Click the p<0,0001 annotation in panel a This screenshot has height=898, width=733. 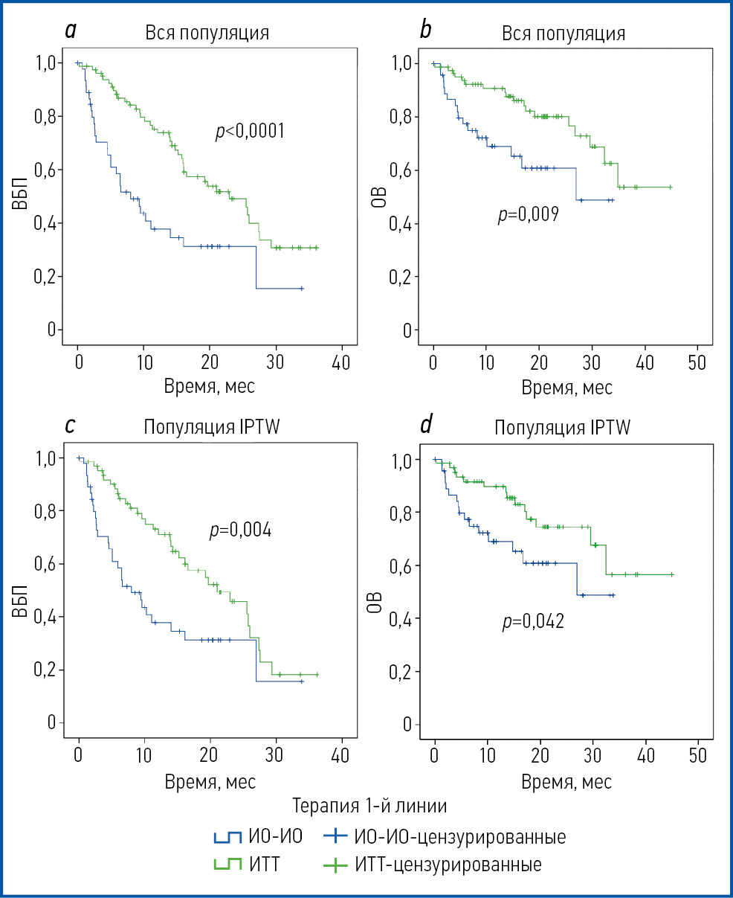point(248,132)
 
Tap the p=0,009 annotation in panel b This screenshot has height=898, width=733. point(528,216)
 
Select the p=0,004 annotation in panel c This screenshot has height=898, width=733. point(240,531)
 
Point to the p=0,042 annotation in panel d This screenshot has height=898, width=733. point(532,621)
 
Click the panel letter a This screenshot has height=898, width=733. point(71,31)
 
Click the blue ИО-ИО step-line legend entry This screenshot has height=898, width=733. point(257,837)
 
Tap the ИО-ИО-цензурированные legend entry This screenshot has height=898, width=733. point(445,837)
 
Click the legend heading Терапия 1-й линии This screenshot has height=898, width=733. point(369,806)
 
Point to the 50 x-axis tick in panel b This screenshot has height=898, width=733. point(697,365)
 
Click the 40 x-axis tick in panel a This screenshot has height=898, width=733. point(342,365)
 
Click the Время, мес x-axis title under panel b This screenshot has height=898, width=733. point(566,388)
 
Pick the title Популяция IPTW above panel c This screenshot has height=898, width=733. point(206,428)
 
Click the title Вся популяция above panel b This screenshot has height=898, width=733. point(563,34)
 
